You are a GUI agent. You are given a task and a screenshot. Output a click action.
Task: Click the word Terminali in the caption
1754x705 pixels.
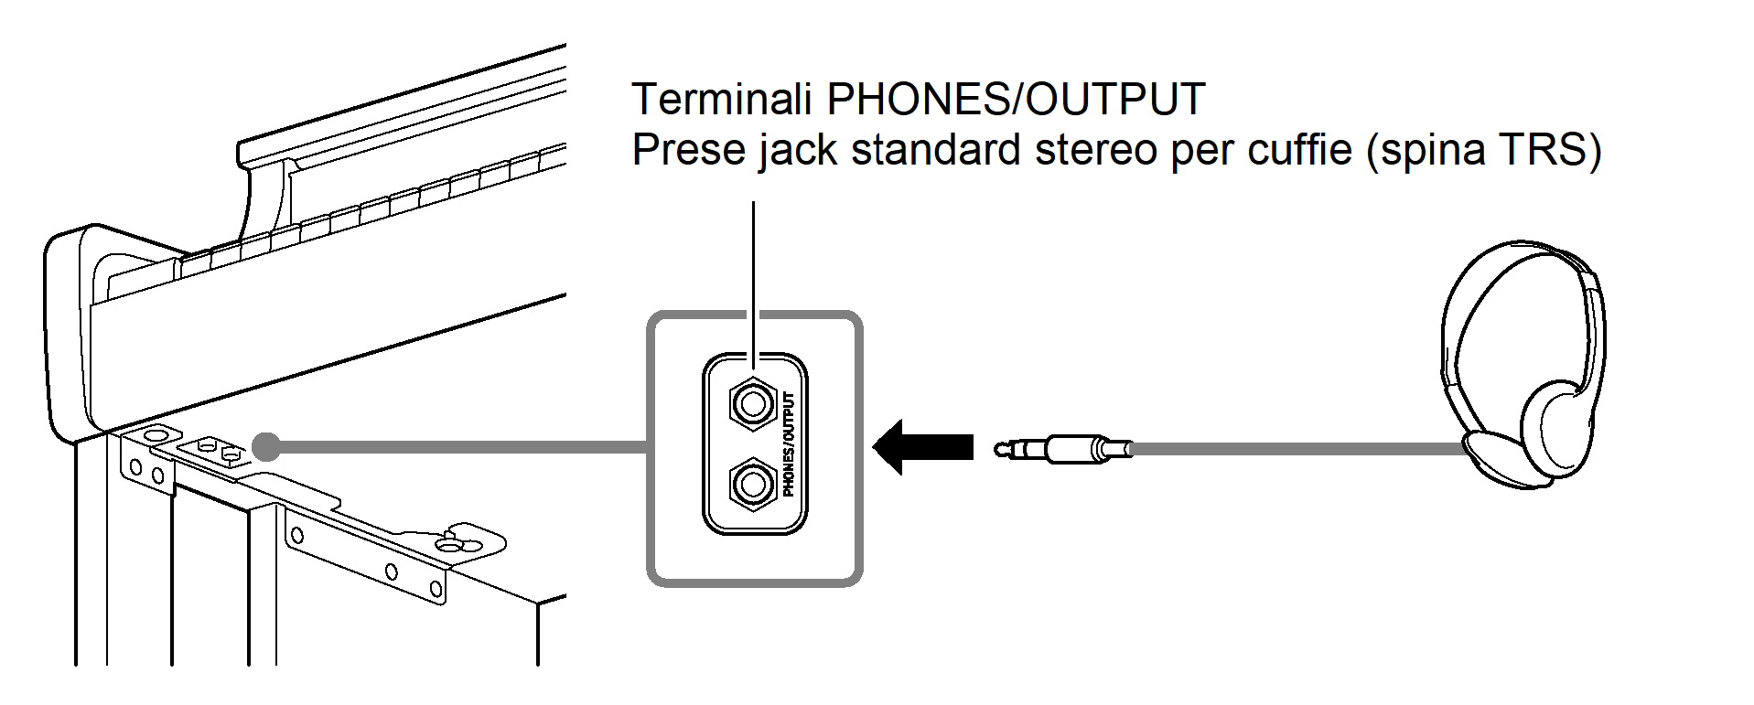(x=721, y=99)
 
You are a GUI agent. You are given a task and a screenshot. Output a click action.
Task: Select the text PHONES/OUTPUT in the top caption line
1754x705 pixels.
(x=1016, y=99)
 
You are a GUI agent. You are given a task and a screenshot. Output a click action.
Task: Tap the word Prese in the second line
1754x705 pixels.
(x=688, y=149)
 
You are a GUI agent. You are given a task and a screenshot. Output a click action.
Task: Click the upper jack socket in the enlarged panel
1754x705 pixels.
(x=752, y=403)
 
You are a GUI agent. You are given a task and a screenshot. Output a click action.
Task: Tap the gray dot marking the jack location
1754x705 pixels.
(x=266, y=446)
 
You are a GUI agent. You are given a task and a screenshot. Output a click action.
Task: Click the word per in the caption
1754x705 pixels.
(x=1199, y=151)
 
